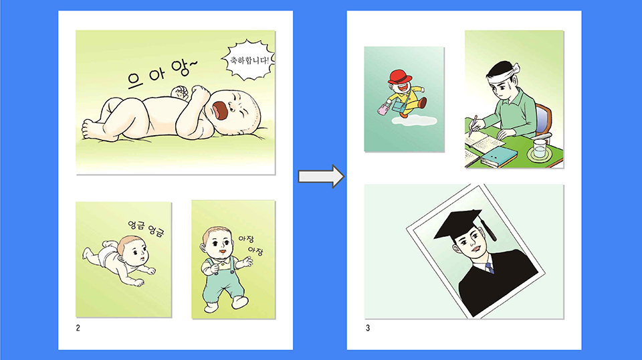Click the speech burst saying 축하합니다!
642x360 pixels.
click(248, 60)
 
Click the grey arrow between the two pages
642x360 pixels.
click(321, 177)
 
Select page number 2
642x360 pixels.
click(78, 328)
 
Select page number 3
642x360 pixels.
click(368, 328)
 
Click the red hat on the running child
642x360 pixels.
click(401, 76)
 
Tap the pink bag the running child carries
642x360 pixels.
click(383, 109)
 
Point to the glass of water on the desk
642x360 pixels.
click(540, 149)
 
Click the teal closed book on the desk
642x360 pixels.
click(499, 156)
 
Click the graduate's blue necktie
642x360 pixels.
click(490, 269)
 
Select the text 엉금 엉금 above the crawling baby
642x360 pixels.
click(146, 229)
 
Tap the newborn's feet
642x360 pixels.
click(92, 129)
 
